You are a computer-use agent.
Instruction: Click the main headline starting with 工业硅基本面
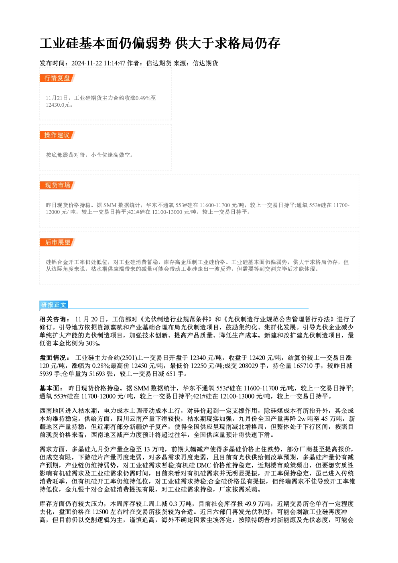160,43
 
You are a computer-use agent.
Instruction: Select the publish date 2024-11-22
87,63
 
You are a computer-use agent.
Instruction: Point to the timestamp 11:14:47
114,63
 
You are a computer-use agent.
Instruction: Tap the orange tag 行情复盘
57,78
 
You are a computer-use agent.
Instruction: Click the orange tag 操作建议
57,135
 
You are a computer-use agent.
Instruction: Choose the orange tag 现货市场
57,185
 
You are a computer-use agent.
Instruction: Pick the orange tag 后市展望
57,242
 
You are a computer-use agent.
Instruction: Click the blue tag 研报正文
54,305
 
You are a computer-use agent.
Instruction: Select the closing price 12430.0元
58,105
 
